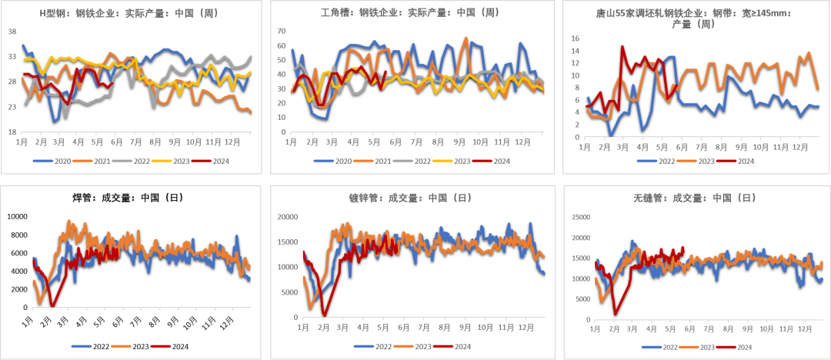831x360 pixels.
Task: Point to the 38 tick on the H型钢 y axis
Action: click(12, 32)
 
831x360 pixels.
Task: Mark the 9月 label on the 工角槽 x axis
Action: click(459, 142)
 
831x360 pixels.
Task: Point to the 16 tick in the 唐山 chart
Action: click(574, 38)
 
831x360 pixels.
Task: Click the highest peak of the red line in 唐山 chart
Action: click(622, 46)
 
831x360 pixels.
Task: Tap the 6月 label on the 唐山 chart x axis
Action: click(680, 146)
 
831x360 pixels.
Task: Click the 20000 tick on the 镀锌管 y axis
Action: click(287, 218)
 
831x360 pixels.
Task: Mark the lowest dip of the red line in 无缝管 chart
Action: click(615, 314)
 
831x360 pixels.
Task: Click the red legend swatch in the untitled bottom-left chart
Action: click(160, 346)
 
